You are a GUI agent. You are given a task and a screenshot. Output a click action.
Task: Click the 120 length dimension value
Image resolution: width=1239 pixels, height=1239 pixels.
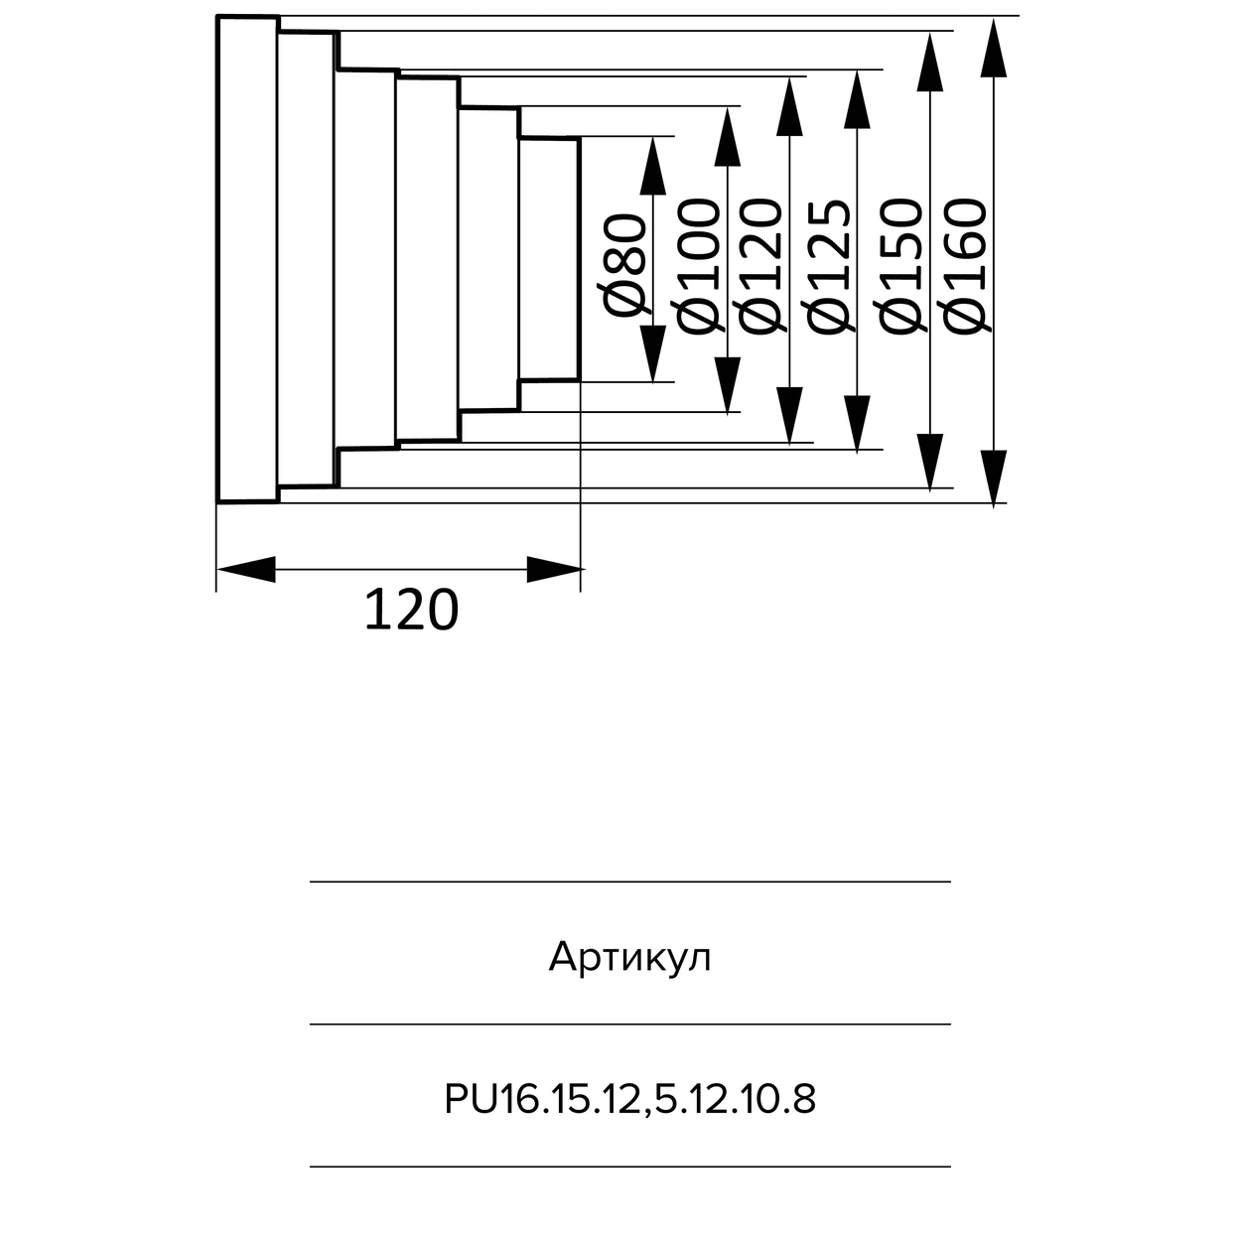click(411, 610)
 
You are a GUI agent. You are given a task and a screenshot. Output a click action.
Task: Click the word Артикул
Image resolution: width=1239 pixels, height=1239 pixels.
click(629, 958)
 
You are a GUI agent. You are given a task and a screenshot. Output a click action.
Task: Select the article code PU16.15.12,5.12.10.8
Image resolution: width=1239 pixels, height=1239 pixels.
click(629, 1099)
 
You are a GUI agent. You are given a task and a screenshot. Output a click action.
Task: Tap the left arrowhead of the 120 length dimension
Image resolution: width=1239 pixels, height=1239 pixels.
click(244, 570)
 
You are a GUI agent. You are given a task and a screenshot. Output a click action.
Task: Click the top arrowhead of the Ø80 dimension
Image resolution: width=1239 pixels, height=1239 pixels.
click(652, 166)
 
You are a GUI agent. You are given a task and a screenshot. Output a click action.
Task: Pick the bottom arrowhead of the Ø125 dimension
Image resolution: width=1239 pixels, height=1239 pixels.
click(857, 423)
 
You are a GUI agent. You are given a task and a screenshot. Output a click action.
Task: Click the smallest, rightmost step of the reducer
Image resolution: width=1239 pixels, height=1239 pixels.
click(548, 259)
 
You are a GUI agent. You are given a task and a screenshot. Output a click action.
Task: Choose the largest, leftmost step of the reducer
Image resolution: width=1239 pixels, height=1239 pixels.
click(247, 259)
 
